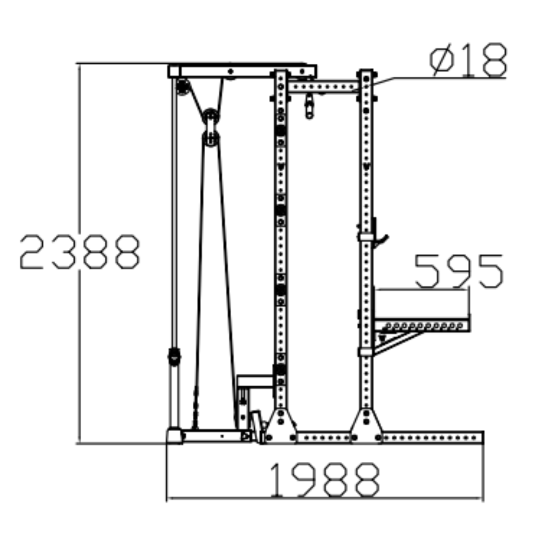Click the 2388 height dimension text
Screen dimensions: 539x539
[80, 252]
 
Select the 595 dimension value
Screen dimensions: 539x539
[459, 271]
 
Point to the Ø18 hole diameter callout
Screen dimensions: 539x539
[468, 60]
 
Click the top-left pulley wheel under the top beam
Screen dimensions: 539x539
[182, 87]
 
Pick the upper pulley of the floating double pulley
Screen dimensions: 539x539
[211, 116]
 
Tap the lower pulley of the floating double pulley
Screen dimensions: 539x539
[211, 138]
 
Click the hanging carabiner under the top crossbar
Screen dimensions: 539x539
[309, 106]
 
